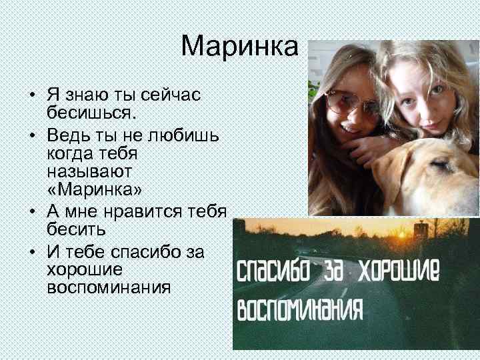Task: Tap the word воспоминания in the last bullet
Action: [109, 289]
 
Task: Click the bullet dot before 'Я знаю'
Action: [33, 94]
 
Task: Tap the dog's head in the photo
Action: [433, 173]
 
